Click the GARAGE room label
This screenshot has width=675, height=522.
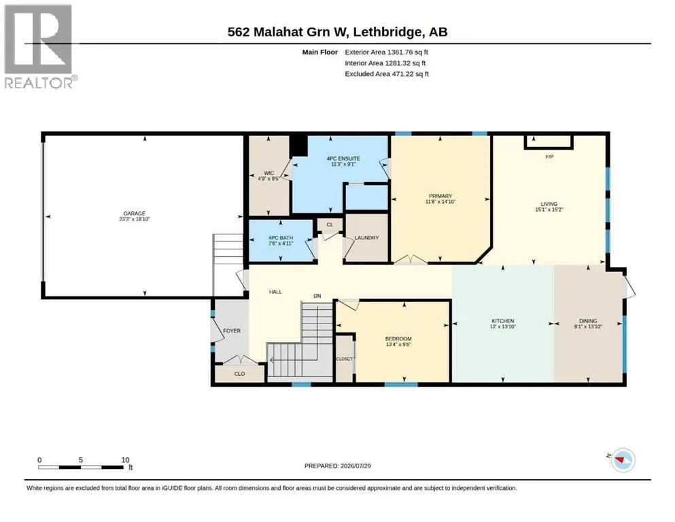pyautogui.click(x=135, y=213)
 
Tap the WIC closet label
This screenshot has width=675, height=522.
pyautogui.click(x=269, y=173)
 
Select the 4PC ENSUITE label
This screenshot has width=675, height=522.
pyautogui.click(x=343, y=158)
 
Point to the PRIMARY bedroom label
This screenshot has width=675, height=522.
pyautogui.click(x=440, y=196)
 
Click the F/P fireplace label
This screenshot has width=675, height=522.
pyautogui.click(x=549, y=157)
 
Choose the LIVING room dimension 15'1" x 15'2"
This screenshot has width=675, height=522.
pyautogui.click(x=549, y=209)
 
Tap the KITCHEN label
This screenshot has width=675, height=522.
pyautogui.click(x=503, y=321)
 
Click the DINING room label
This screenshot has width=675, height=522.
pyautogui.click(x=588, y=321)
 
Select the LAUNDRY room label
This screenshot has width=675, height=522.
pyautogui.click(x=367, y=237)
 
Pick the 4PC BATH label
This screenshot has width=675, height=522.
pyautogui.click(x=281, y=237)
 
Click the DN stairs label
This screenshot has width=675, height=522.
pyautogui.click(x=317, y=296)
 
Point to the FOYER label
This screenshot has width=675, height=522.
pyautogui.click(x=232, y=330)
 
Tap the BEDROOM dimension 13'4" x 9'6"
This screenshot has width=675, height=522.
pyautogui.click(x=398, y=345)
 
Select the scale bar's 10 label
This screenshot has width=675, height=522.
pyautogui.click(x=125, y=459)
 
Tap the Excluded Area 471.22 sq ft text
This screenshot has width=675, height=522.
pyautogui.click(x=387, y=74)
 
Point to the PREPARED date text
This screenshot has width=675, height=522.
pyautogui.click(x=337, y=466)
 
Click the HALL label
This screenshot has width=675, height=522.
pyautogui.click(x=275, y=292)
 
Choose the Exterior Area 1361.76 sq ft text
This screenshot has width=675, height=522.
pyautogui.click(x=386, y=52)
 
